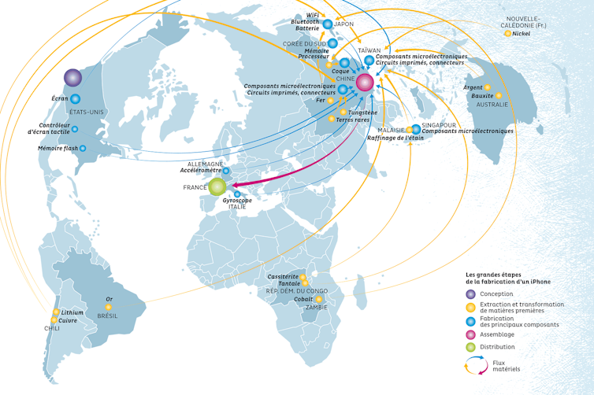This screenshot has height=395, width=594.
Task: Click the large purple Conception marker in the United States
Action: pyautogui.click(x=72, y=77)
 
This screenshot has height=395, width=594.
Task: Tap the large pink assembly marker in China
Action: pyautogui.click(x=365, y=82)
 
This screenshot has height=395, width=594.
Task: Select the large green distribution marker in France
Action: pyautogui.click(x=217, y=186)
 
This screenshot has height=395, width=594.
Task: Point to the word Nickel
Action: pyautogui.click(x=521, y=34)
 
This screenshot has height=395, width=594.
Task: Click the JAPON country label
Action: pyautogui.click(x=344, y=24)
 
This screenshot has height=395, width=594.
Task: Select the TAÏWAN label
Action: pyautogui.click(x=369, y=50)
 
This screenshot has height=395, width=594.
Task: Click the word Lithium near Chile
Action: pyautogui.click(x=72, y=312)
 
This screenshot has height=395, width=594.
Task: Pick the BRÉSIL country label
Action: pyautogui.click(x=107, y=315)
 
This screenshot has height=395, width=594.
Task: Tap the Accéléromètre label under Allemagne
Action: pyautogui.click(x=200, y=170)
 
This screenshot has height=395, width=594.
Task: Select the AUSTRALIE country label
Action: pyautogui.click(x=492, y=104)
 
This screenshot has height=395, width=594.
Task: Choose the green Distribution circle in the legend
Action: pyautogui.click(x=470, y=347)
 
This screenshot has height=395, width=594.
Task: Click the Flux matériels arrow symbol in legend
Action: pyautogui.click(x=474, y=364)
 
